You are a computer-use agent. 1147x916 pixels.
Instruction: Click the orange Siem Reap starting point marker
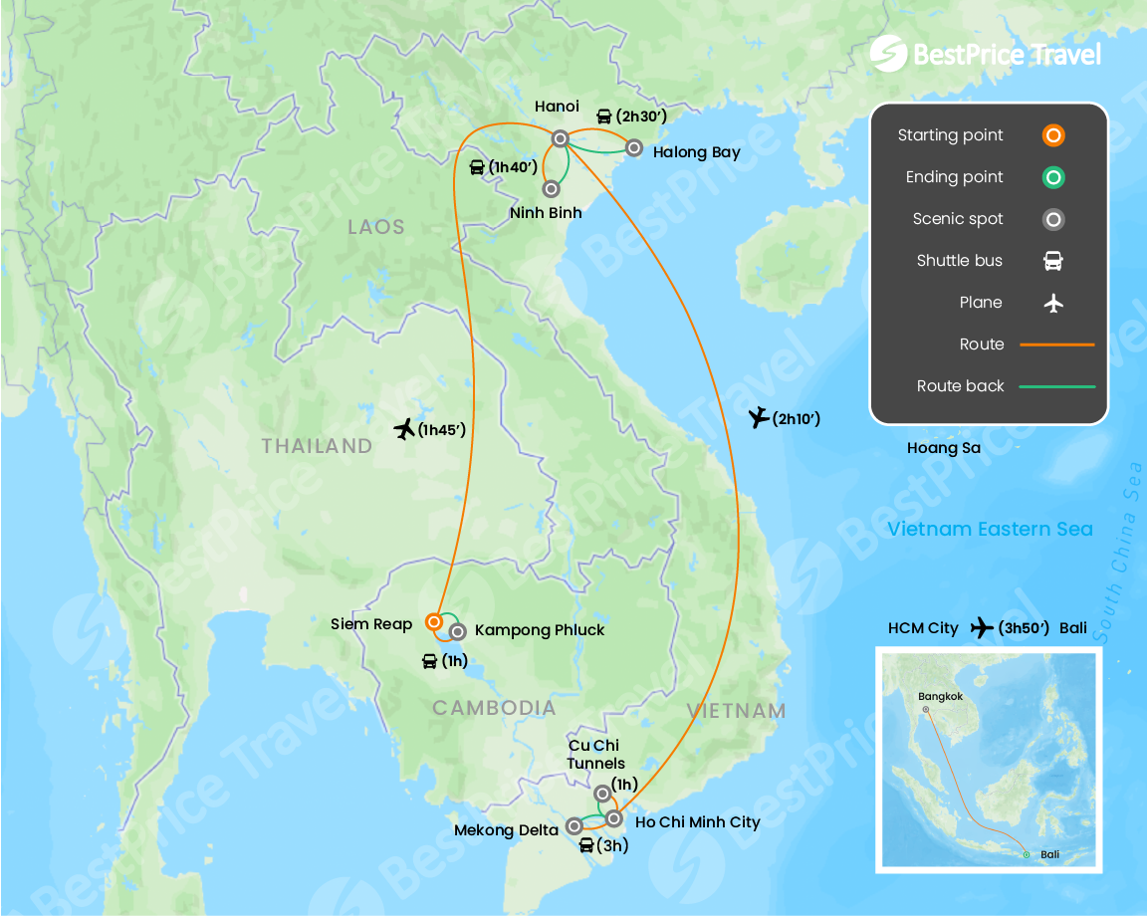(x=433, y=622)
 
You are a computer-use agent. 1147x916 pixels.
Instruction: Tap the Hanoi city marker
(x=561, y=138)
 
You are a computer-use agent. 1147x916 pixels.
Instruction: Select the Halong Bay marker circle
(x=633, y=148)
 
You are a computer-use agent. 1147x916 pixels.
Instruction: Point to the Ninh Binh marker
(x=550, y=187)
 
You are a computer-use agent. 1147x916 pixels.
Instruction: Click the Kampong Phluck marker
(x=457, y=630)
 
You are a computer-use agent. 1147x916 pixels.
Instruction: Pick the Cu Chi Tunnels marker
(x=601, y=794)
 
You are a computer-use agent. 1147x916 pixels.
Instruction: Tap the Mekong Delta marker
(x=574, y=825)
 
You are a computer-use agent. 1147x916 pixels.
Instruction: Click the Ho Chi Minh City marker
(x=614, y=818)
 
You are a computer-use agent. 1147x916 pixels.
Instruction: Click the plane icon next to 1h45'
(x=404, y=430)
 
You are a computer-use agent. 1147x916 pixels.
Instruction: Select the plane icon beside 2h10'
(x=759, y=418)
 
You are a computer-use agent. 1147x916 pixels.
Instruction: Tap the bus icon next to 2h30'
(x=603, y=116)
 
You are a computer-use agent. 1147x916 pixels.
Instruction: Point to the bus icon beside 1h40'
(x=477, y=166)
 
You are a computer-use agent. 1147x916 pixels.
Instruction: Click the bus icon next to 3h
(x=586, y=846)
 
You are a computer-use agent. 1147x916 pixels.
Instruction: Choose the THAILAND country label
(x=317, y=446)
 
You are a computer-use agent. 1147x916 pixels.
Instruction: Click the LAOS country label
(x=376, y=227)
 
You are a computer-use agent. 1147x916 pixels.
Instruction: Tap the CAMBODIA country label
(x=494, y=708)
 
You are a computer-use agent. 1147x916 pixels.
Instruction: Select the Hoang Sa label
(x=943, y=448)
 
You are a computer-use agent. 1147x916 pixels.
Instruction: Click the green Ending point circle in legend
(x=1053, y=177)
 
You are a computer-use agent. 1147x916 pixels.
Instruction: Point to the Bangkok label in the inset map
(x=941, y=696)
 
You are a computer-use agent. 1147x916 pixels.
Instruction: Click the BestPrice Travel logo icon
(x=887, y=54)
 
